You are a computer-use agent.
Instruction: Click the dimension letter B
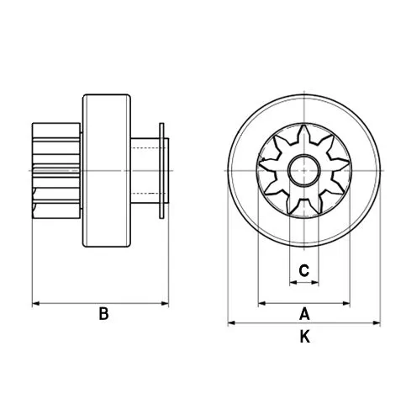(103, 314)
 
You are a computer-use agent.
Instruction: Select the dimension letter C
(305, 271)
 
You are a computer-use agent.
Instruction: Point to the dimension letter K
(305, 337)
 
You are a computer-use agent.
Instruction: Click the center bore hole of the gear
(304, 172)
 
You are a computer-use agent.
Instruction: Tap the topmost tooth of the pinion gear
(304, 135)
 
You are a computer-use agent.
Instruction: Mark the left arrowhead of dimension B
(35, 302)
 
